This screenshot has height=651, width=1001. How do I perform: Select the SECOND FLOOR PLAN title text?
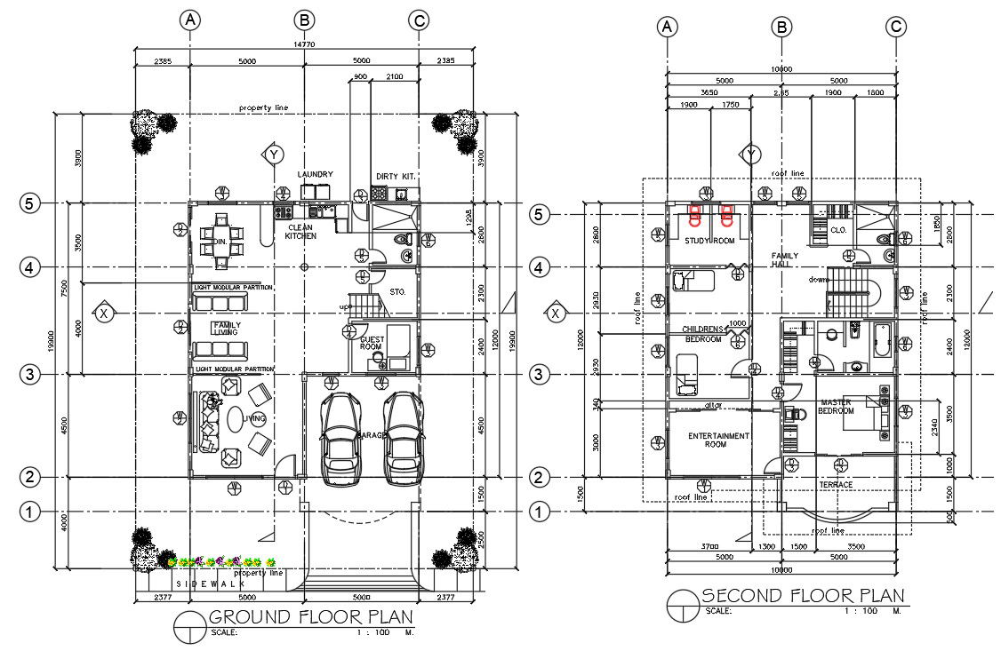(x=803, y=595)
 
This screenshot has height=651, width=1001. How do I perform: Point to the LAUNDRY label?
(x=315, y=174)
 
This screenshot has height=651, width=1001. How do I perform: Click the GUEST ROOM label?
(x=371, y=344)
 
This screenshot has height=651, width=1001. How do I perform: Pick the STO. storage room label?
(x=397, y=291)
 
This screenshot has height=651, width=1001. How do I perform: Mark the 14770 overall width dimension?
(x=305, y=44)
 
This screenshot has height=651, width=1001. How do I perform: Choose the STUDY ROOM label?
(x=709, y=241)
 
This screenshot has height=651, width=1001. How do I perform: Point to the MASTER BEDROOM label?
(x=837, y=406)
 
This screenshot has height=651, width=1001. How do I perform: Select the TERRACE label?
(x=836, y=484)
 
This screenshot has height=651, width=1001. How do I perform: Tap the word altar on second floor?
(x=712, y=406)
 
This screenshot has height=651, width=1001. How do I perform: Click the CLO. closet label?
(x=837, y=229)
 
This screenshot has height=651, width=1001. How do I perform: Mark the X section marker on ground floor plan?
(x=105, y=313)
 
